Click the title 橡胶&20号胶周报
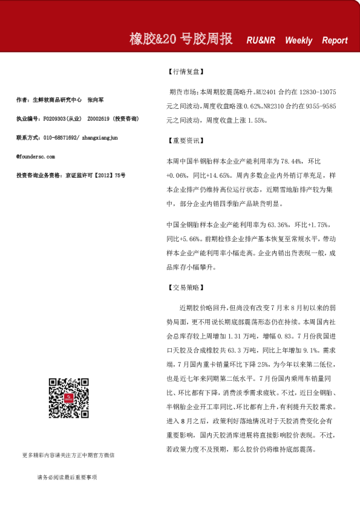pos(181,39)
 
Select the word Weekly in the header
pos(298,41)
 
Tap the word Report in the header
pos(335,41)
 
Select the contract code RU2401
pos(266,94)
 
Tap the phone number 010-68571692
pos(60,138)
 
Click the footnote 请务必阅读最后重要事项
pos(67,477)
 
